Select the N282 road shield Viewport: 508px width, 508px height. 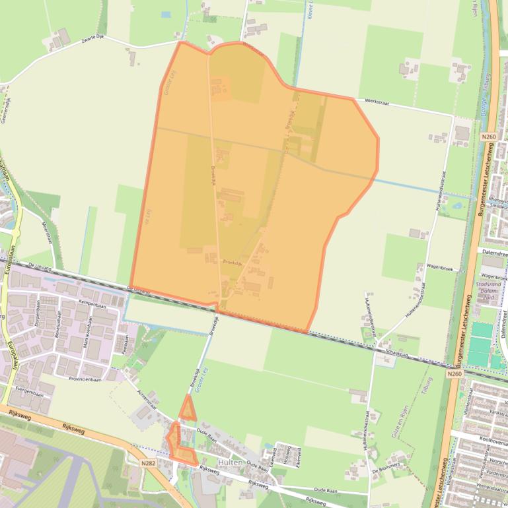pos(149,464)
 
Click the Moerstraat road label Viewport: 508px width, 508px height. pos(47,230)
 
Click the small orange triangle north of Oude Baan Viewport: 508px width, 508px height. pos(188,410)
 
